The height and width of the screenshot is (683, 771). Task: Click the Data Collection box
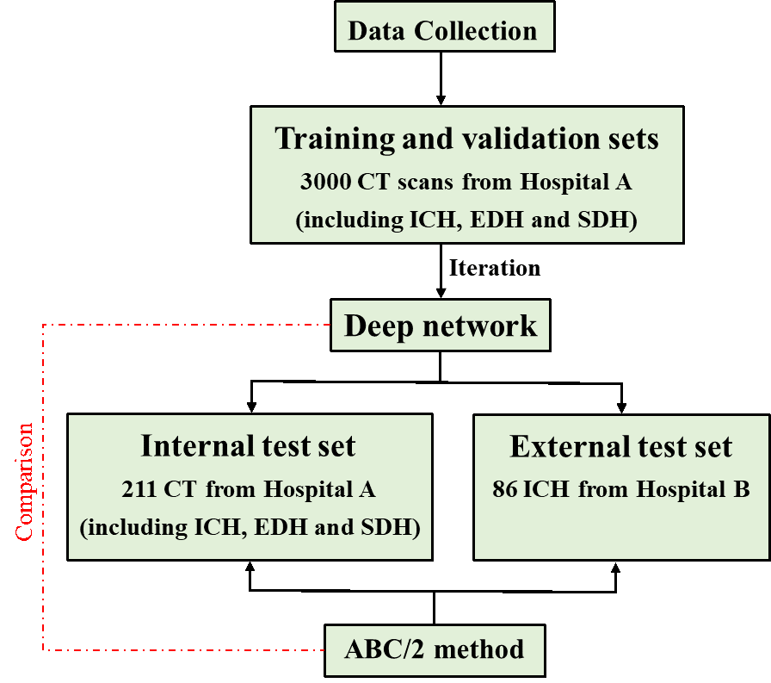click(x=443, y=31)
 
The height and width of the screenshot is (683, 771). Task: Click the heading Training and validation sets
click(x=466, y=139)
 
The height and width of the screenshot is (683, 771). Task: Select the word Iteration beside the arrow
click(x=495, y=268)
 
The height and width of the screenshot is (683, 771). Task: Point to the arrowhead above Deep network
click(x=441, y=292)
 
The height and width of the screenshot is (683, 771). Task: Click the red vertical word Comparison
click(x=24, y=481)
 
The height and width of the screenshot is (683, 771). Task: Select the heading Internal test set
click(x=249, y=446)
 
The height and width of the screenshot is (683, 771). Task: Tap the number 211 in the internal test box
click(x=139, y=490)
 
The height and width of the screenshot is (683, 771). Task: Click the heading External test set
click(x=621, y=447)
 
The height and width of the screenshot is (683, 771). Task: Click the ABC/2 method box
click(x=435, y=649)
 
